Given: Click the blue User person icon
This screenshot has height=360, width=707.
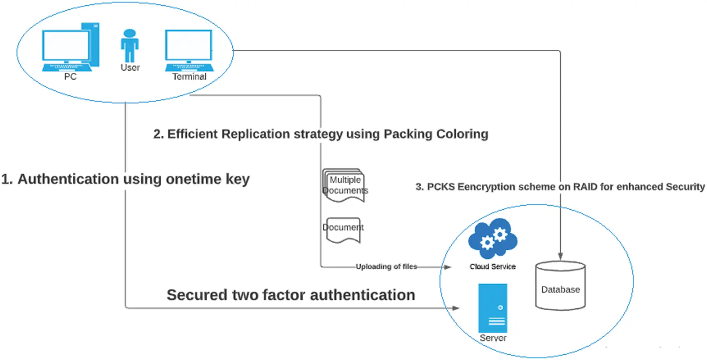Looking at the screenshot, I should coord(130,45).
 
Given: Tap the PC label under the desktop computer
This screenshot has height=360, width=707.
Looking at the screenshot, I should coord(70,77).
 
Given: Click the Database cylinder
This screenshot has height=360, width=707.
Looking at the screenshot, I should coord(560,286).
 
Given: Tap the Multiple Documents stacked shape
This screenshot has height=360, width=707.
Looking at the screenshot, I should coord(344,185).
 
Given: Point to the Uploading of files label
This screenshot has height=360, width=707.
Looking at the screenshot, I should coord(386,267).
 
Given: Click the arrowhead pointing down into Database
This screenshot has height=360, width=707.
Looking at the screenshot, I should coord(560,256).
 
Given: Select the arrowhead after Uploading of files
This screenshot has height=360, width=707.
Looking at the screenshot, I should coord(447,267).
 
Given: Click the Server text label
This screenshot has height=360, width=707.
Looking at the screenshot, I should coord(493,338).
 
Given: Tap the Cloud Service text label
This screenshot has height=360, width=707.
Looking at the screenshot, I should coord(492,267).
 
